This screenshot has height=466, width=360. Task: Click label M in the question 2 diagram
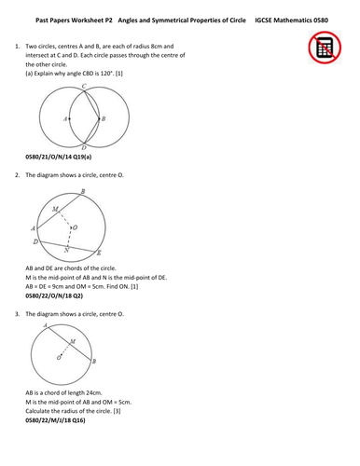tap(56, 208)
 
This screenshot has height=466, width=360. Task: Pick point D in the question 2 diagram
tap(35, 241)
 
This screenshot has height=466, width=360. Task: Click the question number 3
tap(17, 314)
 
